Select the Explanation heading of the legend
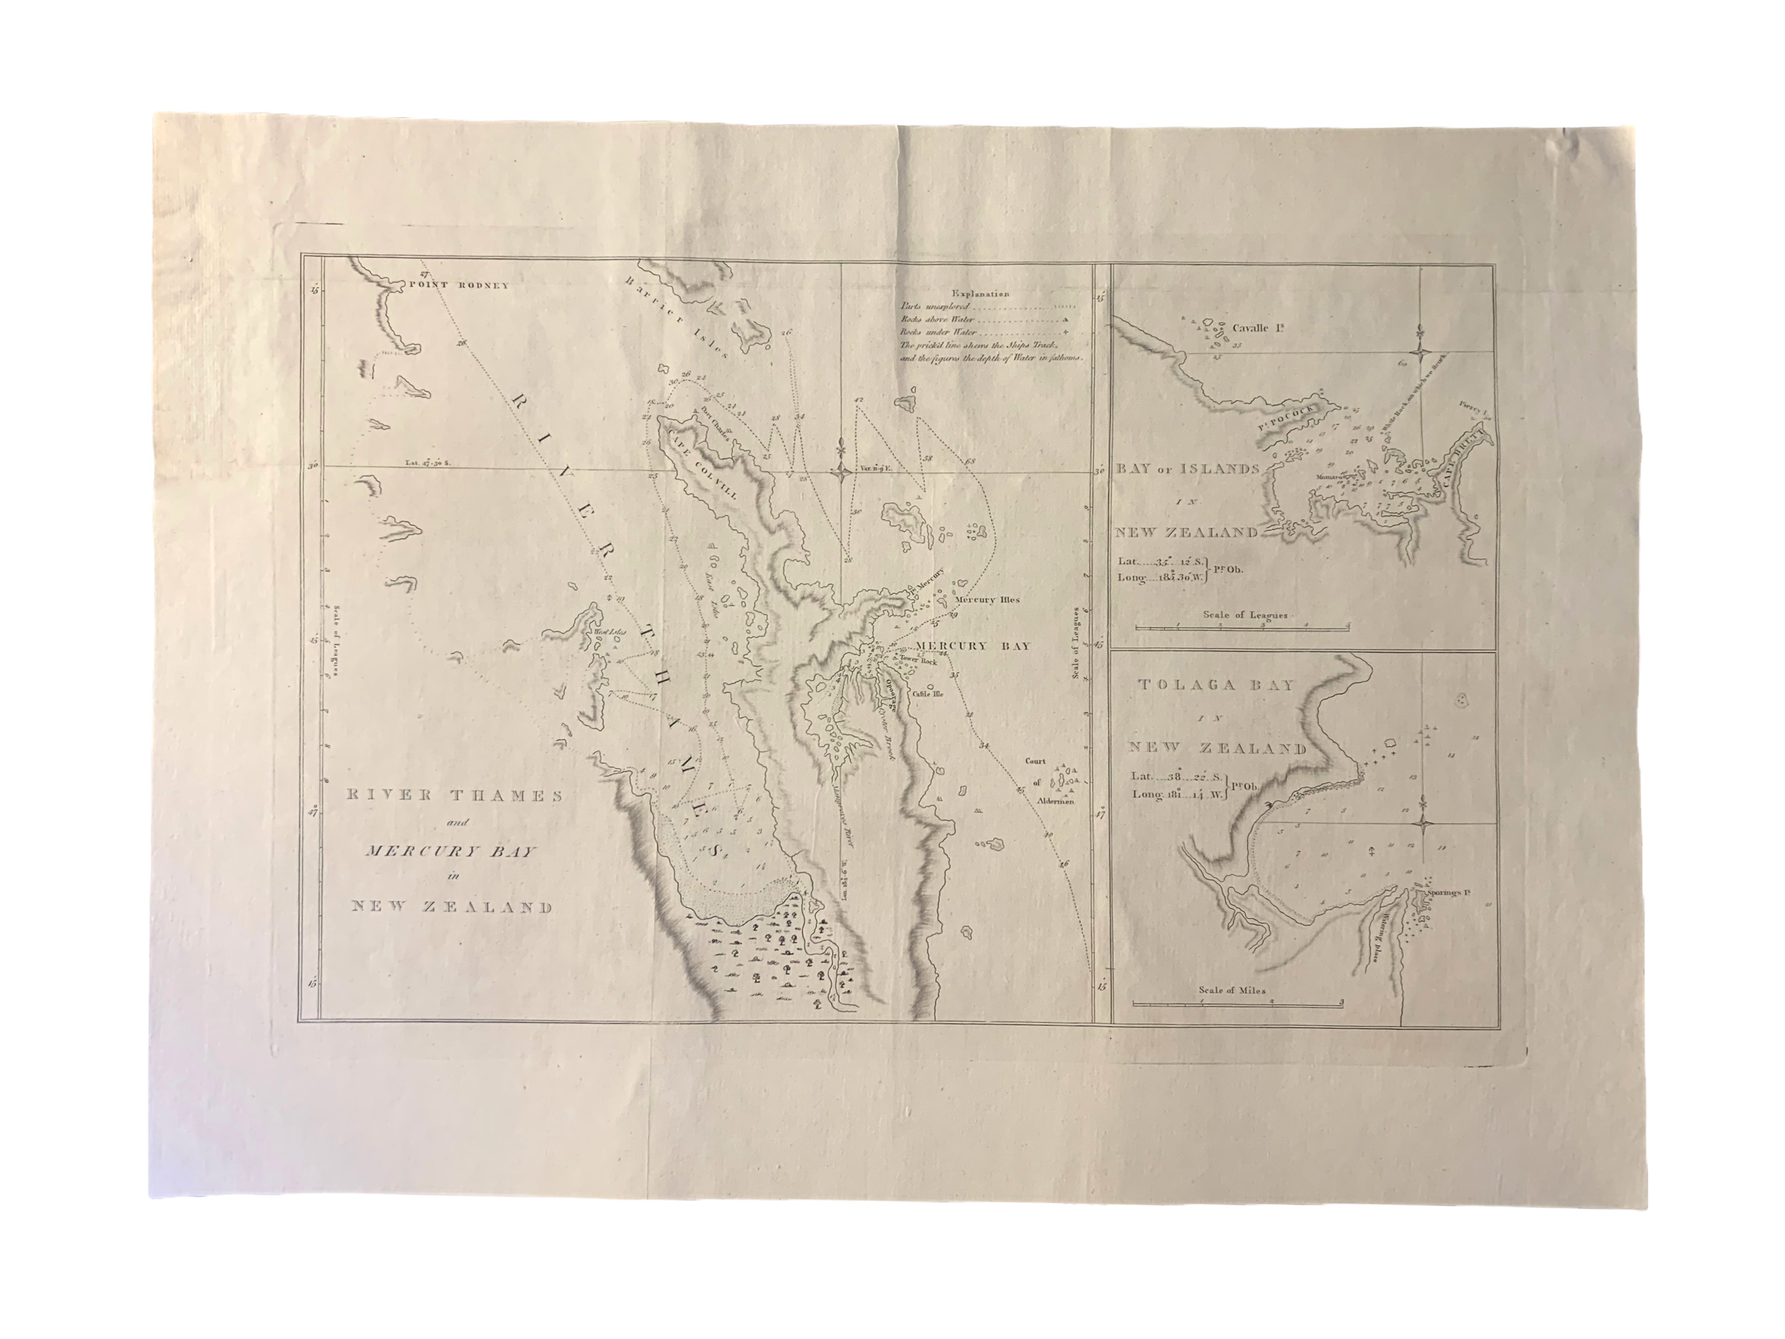(x=980, y=294)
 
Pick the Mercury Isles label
(x=987, y=600)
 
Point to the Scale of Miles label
(x=1232, y=990)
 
